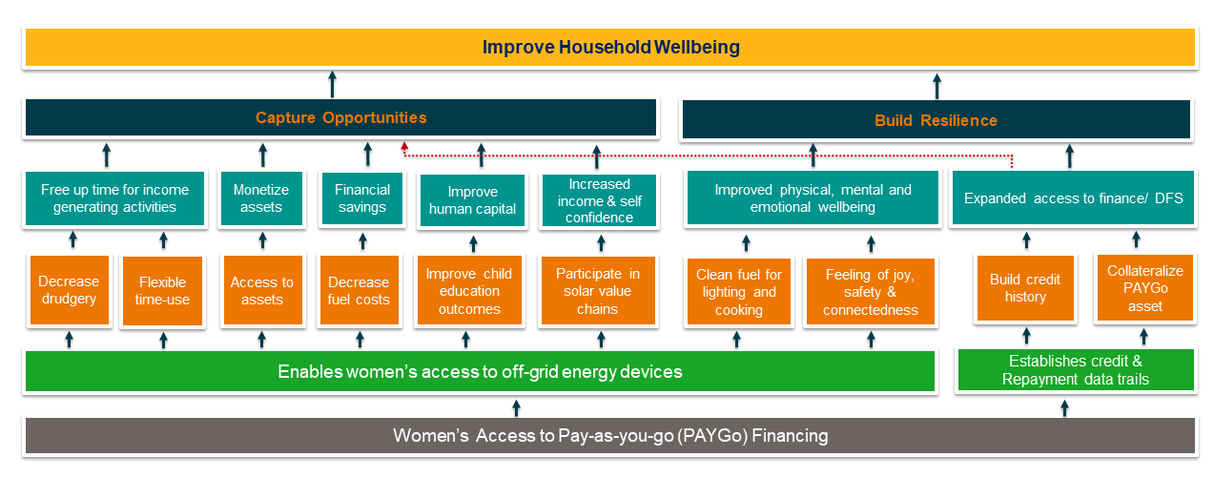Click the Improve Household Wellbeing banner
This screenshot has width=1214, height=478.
(x=609, y=48)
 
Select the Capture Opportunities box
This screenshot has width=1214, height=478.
(x=340, y=118)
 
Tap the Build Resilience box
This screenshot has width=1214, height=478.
(x=936, y=120)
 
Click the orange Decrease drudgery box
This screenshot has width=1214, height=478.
(x=69, y=291)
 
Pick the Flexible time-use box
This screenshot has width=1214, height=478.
(x=163, y=291)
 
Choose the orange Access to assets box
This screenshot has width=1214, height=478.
(x=262, y=291)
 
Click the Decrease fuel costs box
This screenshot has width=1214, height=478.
(x=359, y=291)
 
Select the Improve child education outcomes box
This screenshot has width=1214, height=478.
(x=469, y=291)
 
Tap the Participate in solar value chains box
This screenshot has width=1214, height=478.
(x=598, y=291)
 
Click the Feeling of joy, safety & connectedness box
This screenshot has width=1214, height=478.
(x=870, y=292)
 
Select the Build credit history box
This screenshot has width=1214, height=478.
(x=1024, y=288)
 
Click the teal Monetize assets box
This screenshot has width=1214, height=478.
(x=261, y=198)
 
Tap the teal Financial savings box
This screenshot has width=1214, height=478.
(x=361, y=198)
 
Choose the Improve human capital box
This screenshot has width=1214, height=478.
(x=472, y=200)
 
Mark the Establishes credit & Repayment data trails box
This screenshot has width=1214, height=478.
(x=1075, y=370)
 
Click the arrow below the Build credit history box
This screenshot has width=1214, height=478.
(x=1026, y=335)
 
